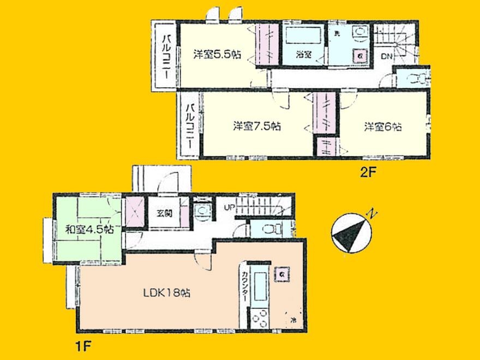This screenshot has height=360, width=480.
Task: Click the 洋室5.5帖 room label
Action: [x=218, y=55]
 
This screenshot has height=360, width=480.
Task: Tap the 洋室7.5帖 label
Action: [x=257, y=126]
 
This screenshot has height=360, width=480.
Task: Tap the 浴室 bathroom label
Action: [x=304, y=55]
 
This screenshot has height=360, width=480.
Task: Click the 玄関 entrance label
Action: [x=165, y=213]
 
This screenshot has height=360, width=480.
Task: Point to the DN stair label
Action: [x=387, y=56]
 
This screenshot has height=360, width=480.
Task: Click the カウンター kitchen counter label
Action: [x=244, y=287]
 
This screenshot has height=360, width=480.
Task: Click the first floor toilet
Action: [x=270, y=229]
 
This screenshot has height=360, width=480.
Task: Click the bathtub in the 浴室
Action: [x=304, y=37]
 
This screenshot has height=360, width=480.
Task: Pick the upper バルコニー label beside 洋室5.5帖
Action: [x=163, y=53]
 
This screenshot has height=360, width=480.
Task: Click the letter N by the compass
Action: [x=370, y=213]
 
